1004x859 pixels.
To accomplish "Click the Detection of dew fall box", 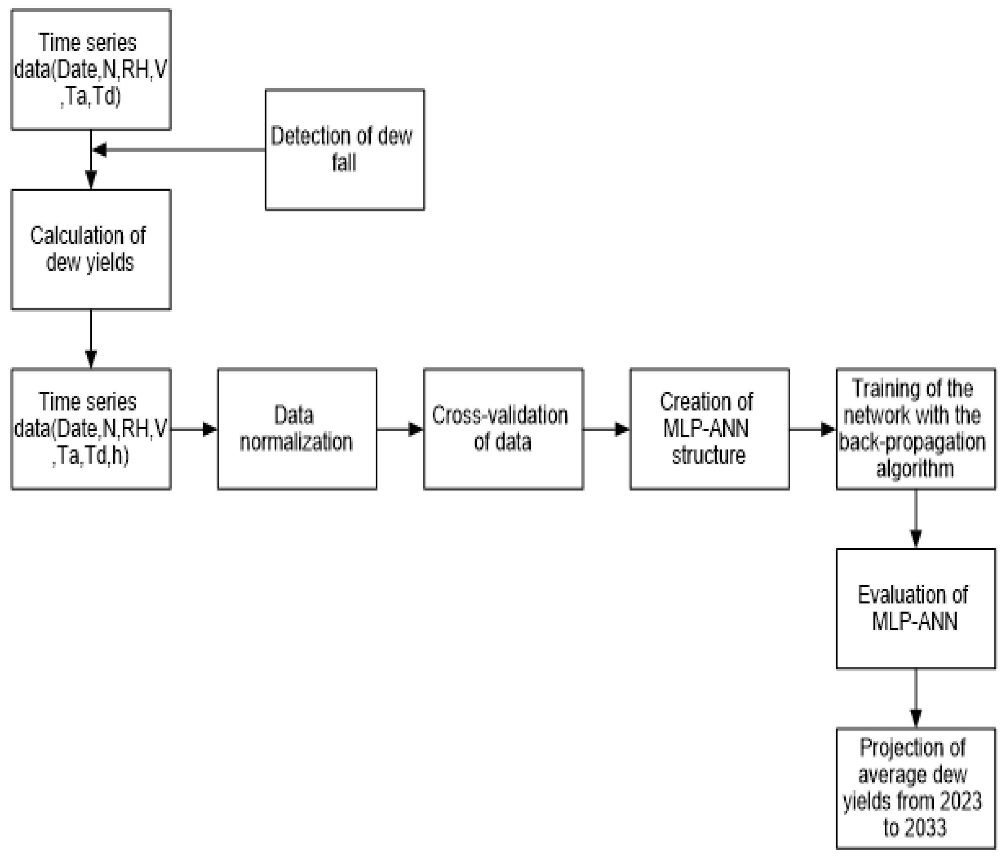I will tap(345, 149).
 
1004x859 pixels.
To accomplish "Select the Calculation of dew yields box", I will tap(91, 249).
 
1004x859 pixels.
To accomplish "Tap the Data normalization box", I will tap(297, 429).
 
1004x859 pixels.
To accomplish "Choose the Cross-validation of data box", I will tap(503, 429).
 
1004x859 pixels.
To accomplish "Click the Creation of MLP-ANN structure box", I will tap(710, 429).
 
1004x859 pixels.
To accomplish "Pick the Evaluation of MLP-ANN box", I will tap(915, 609).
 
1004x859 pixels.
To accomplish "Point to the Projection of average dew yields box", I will tap(915, 788).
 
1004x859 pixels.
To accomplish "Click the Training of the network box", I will tap(915, 429).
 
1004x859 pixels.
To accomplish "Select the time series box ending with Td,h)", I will tap(91, 429).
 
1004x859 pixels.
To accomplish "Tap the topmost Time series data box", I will tap(91, 69).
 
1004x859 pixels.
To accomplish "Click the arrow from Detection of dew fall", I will tap(179, 149).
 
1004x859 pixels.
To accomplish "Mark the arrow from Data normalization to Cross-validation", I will tap(400, 429).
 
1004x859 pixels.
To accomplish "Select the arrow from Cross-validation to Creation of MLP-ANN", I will tap(606, 429).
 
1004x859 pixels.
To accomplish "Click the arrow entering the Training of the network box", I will tap(813, 429).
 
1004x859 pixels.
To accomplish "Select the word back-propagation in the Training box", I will tap(912, 442).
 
